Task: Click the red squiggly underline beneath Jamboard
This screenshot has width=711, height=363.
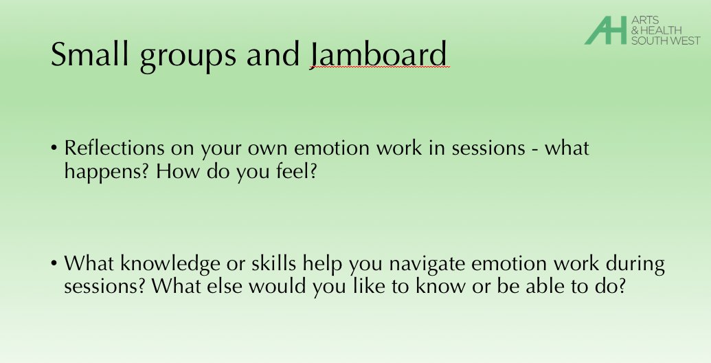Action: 379,69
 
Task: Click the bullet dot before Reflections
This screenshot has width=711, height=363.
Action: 54,149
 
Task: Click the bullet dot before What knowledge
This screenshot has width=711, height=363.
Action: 54,265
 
